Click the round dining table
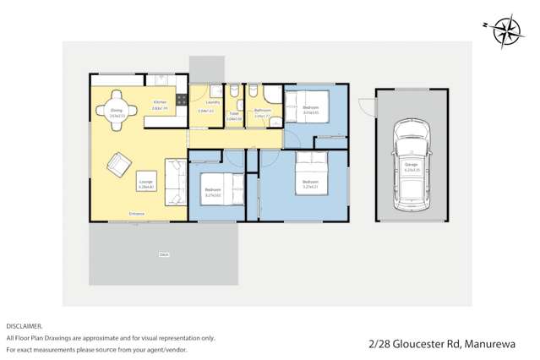[117, 109]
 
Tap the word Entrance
[136, 214]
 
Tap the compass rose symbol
[506, 32]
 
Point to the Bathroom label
[262, 110]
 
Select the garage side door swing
[365, 106]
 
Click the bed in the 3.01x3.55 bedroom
[308, 109]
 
